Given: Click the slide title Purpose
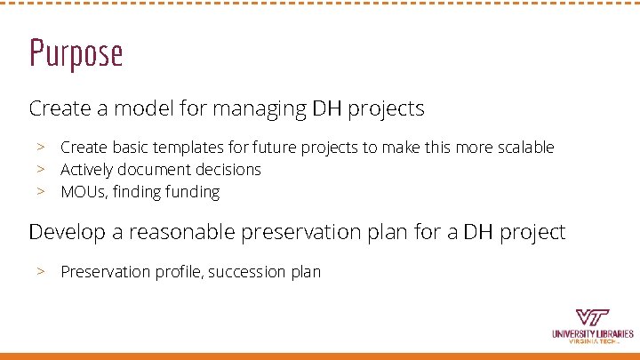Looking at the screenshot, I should point(76,53).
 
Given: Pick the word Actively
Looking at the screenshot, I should point(86,170).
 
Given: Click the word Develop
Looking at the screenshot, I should point(65,233).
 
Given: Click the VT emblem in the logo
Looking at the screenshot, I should point(592,317).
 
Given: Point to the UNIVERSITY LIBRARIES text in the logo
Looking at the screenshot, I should point(592,334).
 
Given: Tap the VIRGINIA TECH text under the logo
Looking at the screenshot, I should point(592,343).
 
